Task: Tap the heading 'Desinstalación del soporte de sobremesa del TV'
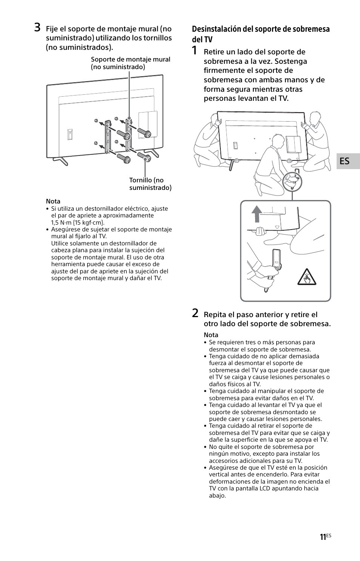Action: pos(260,34)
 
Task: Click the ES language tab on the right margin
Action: pos(345,161)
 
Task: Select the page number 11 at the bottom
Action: pos(323,537)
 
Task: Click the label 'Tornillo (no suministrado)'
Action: pos(150,184)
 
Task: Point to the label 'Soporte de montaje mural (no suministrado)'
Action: pos(130,63)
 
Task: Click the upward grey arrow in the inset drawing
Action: pos(257,214)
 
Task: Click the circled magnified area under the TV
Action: pos(292,182)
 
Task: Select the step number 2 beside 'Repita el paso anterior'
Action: pos(195,313)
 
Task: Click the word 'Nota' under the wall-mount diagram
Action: pos(53,201)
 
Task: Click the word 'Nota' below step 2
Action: pos(211,335)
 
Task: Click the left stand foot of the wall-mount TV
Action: pos(60,160)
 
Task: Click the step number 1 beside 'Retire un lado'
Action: pos(195,51)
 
